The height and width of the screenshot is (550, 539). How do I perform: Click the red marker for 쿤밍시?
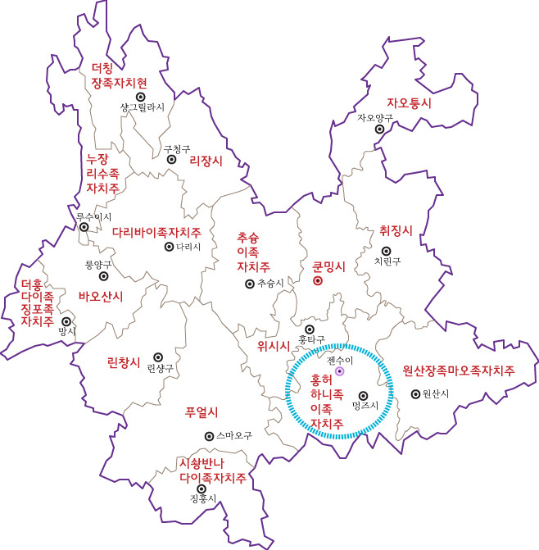[318, 281]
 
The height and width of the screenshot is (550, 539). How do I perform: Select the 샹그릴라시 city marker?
[141, 97]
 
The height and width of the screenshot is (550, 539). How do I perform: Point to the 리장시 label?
[206, 161]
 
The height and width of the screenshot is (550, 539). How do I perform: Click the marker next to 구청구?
[172, 160]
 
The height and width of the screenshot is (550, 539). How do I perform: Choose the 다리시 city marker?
[169, 246]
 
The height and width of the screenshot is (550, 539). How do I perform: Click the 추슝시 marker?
[249, 284]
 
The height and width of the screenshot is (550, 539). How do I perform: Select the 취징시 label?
[396, 230]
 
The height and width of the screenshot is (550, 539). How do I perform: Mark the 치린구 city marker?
[387, 251]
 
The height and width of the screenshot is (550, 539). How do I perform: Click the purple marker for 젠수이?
[339, 372]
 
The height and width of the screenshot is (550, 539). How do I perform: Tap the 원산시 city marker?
[414, 393]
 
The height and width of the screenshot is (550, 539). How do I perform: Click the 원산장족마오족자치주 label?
[458, 370]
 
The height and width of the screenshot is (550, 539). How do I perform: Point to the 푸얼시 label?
[201, 411]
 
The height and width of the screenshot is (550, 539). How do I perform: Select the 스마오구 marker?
[209, 436]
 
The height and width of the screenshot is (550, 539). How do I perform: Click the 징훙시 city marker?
[202, 489]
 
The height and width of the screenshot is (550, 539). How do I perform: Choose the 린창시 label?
[124, 361]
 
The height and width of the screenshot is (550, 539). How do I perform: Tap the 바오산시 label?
[100, 296]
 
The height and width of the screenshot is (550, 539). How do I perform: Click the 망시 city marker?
[66, 321]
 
